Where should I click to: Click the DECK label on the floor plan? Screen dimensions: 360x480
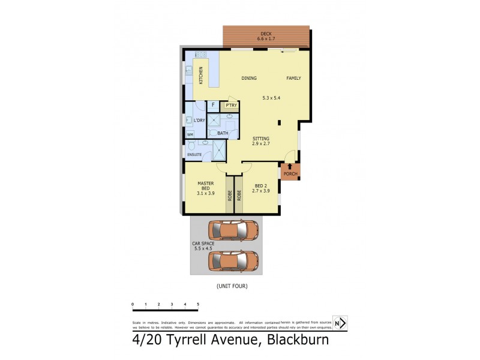265,34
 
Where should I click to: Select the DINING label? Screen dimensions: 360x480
249,79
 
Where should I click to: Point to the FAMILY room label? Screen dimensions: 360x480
293,79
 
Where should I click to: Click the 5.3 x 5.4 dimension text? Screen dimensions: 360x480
272,98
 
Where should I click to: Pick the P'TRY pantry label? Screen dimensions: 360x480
231,106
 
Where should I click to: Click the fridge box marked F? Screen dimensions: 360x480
213,105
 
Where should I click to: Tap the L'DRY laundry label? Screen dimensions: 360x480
199,121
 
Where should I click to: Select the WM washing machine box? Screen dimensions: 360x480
190,134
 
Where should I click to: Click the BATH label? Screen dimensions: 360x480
223,133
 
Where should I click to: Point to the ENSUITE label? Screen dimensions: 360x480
194,155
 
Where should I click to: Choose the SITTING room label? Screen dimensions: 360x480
260,139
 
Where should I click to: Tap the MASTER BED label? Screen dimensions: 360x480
206,189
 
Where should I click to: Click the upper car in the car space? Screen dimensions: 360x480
233,230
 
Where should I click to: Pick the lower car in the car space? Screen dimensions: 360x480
233,260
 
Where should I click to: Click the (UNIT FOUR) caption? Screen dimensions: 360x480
232,286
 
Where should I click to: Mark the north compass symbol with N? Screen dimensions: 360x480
340,323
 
